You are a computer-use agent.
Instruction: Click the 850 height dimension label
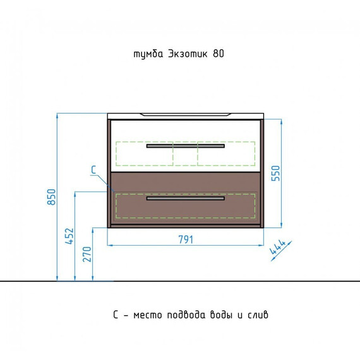click(51, 197)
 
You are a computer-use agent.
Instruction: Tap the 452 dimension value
click(69, 236)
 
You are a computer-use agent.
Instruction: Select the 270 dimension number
click(87, 254)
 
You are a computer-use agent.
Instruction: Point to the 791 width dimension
click(186, 239)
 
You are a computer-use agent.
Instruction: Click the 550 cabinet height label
click(276, 173)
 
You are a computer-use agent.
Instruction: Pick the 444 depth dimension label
click(277, 247)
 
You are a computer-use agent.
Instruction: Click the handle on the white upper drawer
click(186, 146)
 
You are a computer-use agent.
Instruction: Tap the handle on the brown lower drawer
click(186, 198)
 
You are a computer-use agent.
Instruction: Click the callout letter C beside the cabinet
click(93, 170)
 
